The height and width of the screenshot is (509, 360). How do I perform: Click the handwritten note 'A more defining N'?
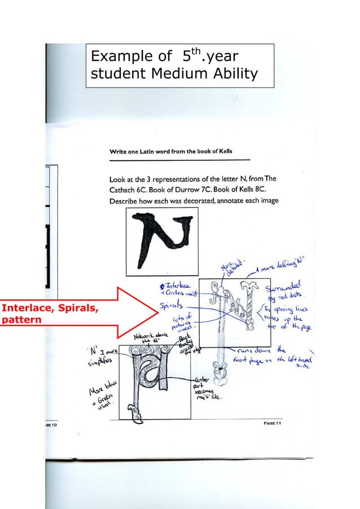280,266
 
